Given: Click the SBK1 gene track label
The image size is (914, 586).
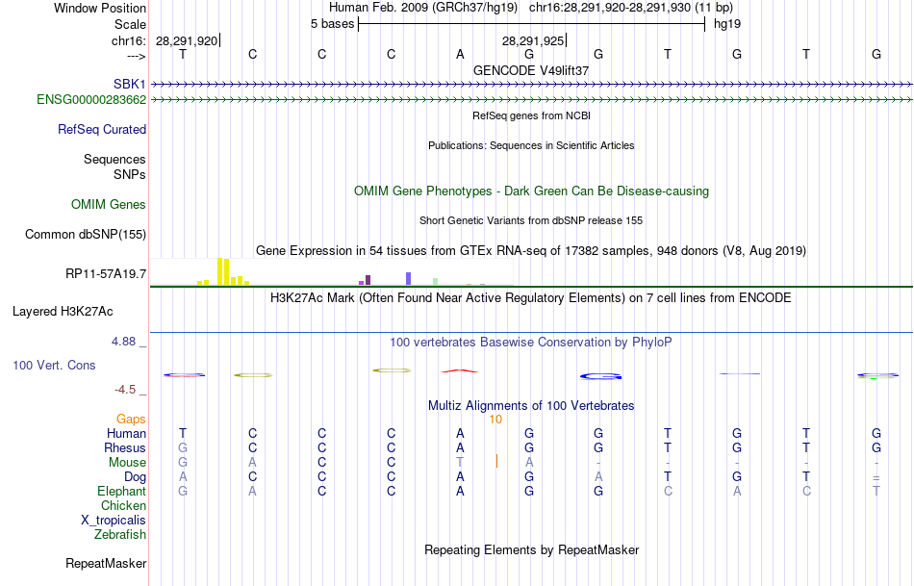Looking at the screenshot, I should (x=129, y=85).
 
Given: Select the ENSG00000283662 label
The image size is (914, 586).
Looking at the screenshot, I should (x=91, y=99).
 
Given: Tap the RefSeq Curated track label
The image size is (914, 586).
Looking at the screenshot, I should (x=102, y=129).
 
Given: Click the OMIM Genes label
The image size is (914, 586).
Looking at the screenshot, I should (x=109, y=204).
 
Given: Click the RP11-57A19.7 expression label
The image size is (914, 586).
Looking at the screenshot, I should (x=106, y=274).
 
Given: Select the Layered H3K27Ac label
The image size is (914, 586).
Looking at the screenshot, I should (x=63, y=311).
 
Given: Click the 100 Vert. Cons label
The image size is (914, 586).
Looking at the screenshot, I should (x=53, y=366).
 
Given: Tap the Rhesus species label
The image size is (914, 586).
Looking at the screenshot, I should (x=125, y=447).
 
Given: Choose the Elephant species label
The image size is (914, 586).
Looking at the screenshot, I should (x=121, y=491).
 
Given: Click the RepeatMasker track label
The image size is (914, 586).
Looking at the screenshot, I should (x=106, y=563).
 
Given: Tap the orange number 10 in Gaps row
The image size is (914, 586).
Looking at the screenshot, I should (x=495, y=420).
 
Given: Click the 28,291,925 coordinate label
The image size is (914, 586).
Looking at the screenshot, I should (x=532, y=40).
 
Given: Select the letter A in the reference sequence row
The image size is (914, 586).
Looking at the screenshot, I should (x=460, y=54).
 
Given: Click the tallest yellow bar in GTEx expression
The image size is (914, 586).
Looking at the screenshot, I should (x=221, y=271).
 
